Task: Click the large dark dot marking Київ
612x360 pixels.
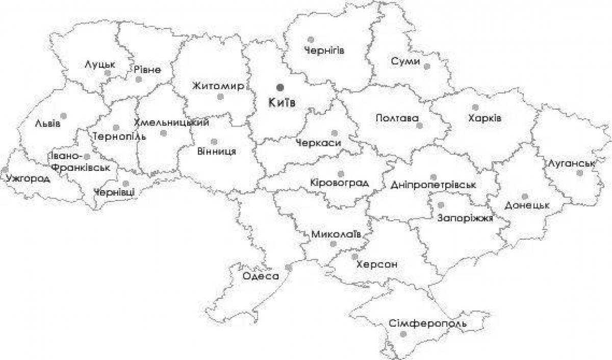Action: point(279,87)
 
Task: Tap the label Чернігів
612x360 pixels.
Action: point(324,50)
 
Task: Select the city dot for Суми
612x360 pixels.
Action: point(427,66)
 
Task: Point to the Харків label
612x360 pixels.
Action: point(484,118)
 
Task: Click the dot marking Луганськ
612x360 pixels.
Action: point(579,173)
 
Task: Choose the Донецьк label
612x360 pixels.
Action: point(527,205)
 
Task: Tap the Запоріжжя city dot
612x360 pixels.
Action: point(441,205)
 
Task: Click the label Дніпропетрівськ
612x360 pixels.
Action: point(433,185)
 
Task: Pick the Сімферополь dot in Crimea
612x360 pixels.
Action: point(403,334)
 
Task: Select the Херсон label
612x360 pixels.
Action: point(377,265)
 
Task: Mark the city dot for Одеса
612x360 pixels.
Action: point(288,267)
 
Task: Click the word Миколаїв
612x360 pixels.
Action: point(336,234)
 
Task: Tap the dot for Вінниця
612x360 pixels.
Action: point(213,141)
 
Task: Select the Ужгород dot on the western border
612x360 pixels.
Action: point(5,169)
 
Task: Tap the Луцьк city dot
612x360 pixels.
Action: point(107,73)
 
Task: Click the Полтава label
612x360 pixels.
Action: point(396,118)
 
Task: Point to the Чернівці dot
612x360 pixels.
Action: point(125,184)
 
